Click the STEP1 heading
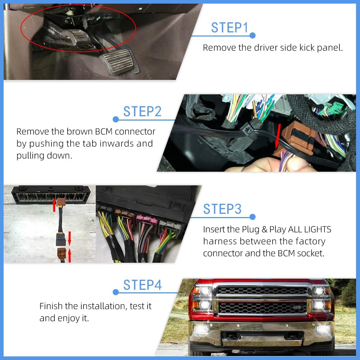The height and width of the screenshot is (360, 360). click(x=230, y=28)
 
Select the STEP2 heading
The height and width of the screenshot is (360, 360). click(x=142, y=112)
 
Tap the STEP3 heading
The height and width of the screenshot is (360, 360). click(x=222, y=209)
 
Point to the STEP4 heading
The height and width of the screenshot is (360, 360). click(x=143, y=285)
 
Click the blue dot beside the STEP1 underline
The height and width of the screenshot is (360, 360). click(x=252, y=35)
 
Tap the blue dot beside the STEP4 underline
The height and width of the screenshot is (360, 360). click(x=116, y=292)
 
